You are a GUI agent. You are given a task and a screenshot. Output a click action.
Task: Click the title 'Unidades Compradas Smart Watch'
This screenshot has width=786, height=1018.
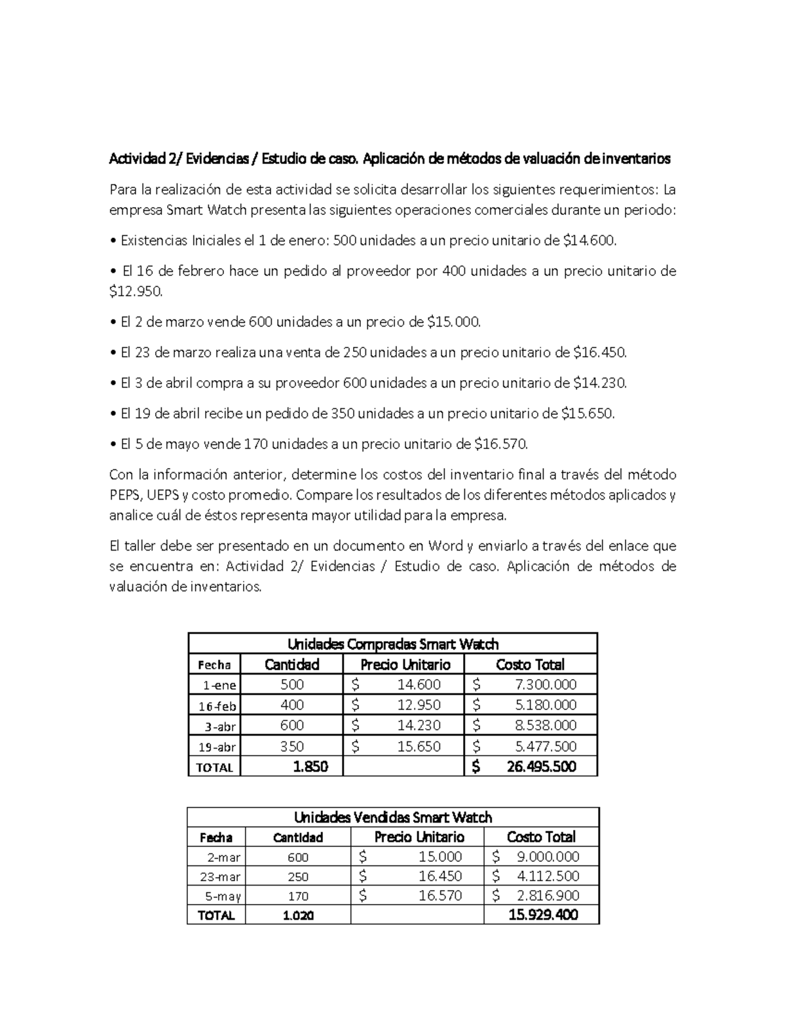tap(393, 644)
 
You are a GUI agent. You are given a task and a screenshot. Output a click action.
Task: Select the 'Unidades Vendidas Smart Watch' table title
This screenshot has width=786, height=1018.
tap(393, 817)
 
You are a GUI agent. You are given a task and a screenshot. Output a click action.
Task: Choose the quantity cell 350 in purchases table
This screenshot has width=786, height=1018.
tap(292, 746)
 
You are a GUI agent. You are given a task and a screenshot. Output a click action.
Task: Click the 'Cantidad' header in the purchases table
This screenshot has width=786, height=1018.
tap(291, 665)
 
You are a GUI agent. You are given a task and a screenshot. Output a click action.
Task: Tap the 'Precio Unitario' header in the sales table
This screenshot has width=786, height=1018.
tap(419, 837)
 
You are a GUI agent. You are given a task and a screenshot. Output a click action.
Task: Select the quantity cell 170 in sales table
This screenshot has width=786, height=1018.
tap(298, 896)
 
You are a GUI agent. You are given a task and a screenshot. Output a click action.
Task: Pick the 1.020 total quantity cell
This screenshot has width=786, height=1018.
tap(298, 916)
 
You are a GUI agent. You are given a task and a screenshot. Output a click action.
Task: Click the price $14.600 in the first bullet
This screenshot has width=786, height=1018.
tap(589, 241)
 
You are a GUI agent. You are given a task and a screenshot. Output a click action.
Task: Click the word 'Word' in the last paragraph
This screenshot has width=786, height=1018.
tap(445, 546)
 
